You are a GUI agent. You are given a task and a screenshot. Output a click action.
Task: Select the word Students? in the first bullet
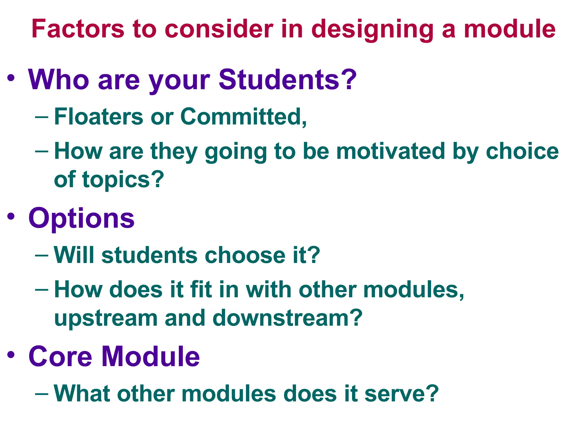pos(287,80)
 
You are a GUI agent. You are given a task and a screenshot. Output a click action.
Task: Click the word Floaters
pos(99,117)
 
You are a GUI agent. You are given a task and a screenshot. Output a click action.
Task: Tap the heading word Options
pos(81,219)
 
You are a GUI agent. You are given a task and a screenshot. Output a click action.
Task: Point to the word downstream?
pos(287,318)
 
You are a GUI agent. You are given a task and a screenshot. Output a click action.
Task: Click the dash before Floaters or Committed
pos(42,117)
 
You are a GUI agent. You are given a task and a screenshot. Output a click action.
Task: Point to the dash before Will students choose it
pos(42,255)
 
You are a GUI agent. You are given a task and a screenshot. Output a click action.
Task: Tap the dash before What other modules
pos(42,393)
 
